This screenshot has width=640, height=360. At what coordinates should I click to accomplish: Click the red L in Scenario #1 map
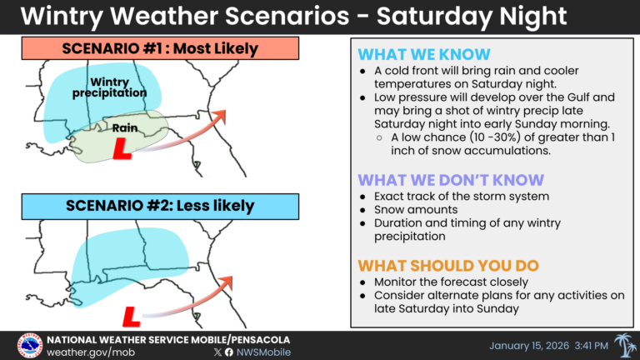(x=122, y=151)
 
